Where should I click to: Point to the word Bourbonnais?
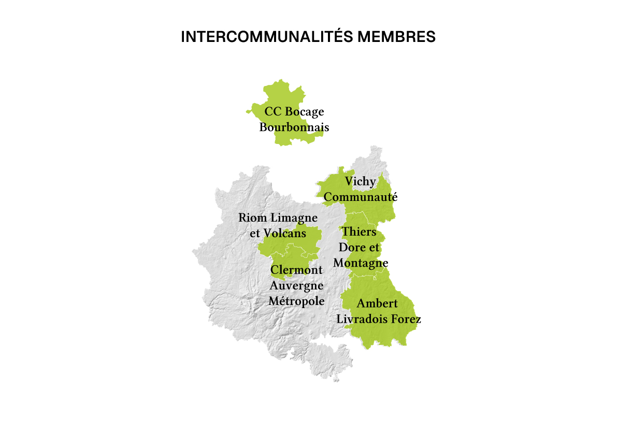tap(294, 127)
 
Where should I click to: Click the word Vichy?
tap(361, 182)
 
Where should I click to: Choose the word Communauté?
tap(361, 197)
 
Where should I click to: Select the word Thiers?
tap(359, 231)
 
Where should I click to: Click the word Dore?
tap(352, 248)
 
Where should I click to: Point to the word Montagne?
tap(361, 263)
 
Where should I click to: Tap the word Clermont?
tap(297, 270)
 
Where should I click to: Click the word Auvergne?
tap(296, 286)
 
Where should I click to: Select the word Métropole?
tap(296, 301)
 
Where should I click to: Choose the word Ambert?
tap(377, 303)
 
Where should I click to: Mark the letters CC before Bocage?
tap(273, 112)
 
